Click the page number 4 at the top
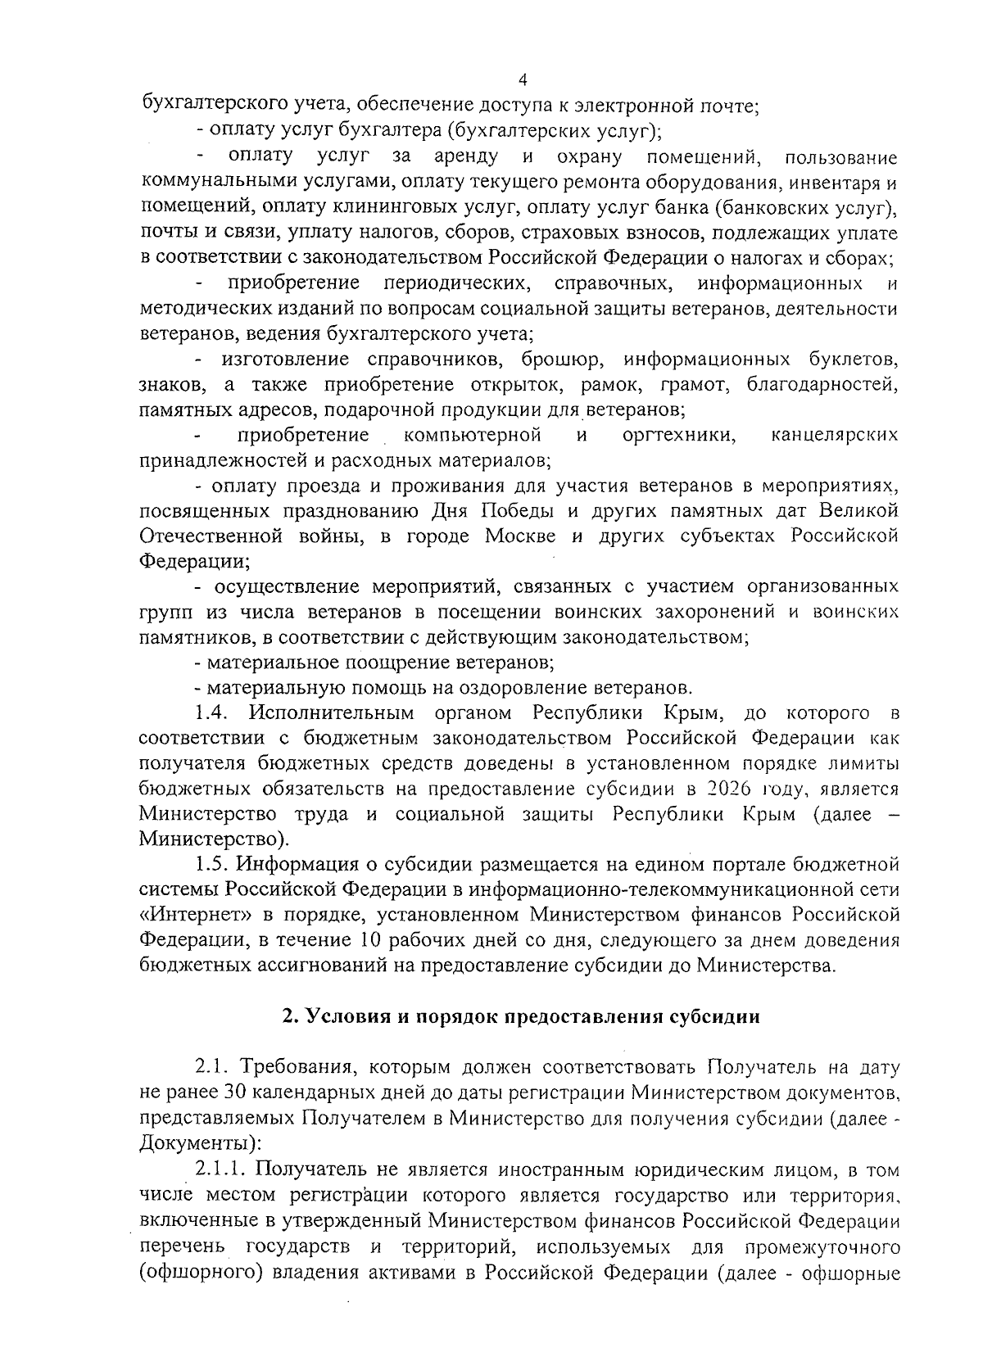[x=523, y=79]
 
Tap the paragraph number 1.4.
[x=215, y=712]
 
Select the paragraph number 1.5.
[x=215, y=864]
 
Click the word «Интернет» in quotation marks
[x=182, y=914]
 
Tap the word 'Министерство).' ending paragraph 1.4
[x=214, y=839]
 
